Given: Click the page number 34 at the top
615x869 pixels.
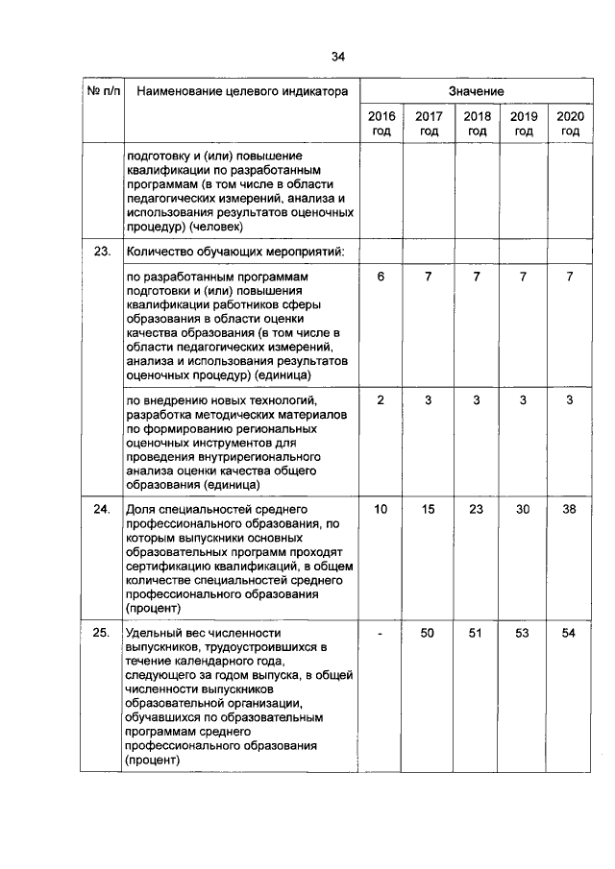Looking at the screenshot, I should coord(337,57).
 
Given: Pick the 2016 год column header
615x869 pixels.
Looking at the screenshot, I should coord(381,124).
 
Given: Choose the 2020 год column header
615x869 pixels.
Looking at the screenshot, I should coord(571,124).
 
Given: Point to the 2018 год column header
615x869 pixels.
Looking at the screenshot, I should coord(477,124).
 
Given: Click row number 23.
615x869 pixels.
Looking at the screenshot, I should coord(102,252).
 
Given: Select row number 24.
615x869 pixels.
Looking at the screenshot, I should coord(102,509).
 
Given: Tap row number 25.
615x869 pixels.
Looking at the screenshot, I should coord(102,633).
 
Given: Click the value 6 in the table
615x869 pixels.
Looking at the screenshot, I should coord(381,277).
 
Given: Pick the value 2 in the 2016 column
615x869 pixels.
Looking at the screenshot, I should coord(381,399).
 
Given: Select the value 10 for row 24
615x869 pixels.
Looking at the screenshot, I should coord(381,509).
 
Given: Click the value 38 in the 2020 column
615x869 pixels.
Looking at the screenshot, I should coord(570,509).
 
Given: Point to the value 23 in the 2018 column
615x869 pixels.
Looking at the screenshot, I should coord(476,509).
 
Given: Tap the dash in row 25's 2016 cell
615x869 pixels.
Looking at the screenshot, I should coord(381,633).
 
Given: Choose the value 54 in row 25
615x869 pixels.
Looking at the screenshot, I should coord(570,633).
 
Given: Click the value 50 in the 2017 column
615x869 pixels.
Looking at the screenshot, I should coord(429,633).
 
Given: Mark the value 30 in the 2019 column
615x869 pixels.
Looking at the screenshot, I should coord(523,509).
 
